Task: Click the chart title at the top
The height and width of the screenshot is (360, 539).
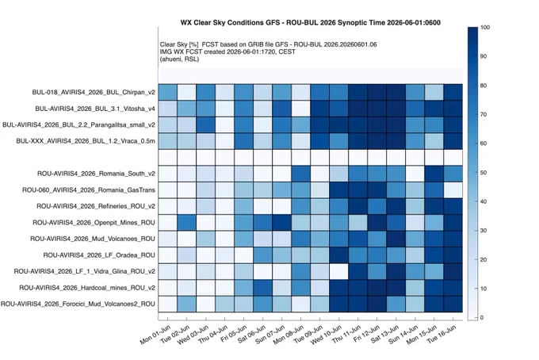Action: pyautogui.click(x=311, y=23)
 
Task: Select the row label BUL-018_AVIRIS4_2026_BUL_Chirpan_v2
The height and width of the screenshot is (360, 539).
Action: pyautogui.click(x=94, y=92)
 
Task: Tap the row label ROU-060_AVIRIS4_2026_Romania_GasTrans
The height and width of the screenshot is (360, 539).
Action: pyautogui.click(x=89, y=190)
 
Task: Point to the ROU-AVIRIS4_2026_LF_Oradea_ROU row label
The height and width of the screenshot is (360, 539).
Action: pyautogui.click(x=99, y=255)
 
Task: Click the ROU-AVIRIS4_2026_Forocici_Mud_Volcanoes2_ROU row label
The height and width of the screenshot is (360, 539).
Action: pyautogui.click(x=78, y=304)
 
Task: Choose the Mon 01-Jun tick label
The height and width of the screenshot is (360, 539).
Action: pyautogui.click(x=155, y=335)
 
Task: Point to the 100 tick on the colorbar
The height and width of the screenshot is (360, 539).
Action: pyautogui.click(x=485, y=28)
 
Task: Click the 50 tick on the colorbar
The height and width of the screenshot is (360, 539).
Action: pyautogui.click(x=484, y=173)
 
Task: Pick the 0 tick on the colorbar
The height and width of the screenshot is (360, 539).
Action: pyautogui.click(x=482, y=318)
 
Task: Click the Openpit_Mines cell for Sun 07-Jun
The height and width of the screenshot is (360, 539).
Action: pyautogui.click(x=281, y=223)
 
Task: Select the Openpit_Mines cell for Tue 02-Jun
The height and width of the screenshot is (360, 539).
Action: pyautogui.click(x=186, y=223)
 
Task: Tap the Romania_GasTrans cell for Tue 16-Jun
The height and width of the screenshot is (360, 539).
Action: pyautogui.click(x=453, y=190)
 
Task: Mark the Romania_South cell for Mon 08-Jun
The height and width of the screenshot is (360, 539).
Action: pyautogui.click(x=300, y=174)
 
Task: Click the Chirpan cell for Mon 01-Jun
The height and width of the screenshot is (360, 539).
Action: pyautogui.click(x=168, y=92)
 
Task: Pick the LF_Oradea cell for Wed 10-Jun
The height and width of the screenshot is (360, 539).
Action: pyautogui.click(x=338, y=255)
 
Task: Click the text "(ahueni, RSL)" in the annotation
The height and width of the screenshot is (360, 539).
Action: pyautogui.click(x=179, y=59)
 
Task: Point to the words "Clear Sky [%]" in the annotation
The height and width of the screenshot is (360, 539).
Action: pyautogui.click(x=179, y=44)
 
